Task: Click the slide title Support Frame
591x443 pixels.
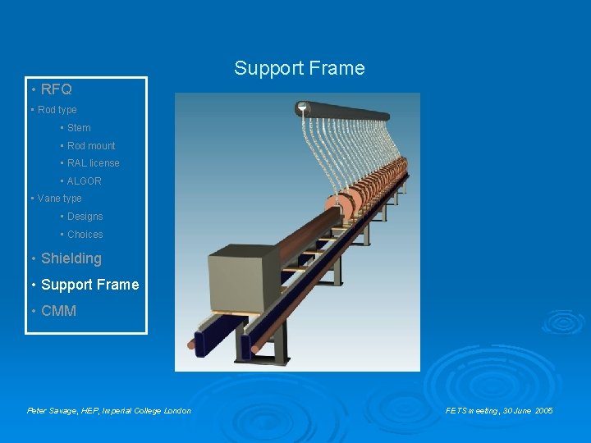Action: click(x=299, y=68)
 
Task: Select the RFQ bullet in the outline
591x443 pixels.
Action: click(x=56, y=89)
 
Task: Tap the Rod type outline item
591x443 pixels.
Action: click(x=57, y=110)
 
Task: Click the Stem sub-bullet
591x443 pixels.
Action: click(x=79, y=128)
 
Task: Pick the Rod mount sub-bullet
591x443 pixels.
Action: click(x=91, y=146)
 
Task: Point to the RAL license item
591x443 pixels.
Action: click(x=93, y=163)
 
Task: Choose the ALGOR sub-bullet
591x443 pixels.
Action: click(x=84, y=181)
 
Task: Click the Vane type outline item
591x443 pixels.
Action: click(x=59, y=199)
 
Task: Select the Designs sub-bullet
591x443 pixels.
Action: click(x=85, y=217)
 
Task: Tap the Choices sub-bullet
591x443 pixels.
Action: click(x=85, y=235)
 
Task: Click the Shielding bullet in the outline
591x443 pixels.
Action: click(x=71, y=258)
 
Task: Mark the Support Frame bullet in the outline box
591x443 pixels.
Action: click(x=89, y=285)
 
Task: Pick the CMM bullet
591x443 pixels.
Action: click(x=58, y=311)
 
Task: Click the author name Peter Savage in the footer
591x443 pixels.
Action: click(x=49, y=410)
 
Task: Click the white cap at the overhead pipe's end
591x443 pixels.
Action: click(x=302, y=107)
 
